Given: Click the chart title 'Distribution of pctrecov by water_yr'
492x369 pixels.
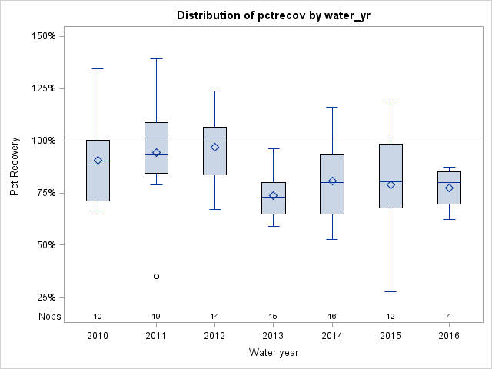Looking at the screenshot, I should coord(274,15).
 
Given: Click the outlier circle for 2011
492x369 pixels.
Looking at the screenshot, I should coord(156,276).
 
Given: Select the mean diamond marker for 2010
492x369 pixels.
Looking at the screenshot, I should coord(98,161).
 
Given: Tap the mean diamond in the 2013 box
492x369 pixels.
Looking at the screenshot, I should coord(273,195).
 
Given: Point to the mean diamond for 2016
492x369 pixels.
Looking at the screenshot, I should coord(449,188).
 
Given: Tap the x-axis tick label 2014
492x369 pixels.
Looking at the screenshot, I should coord(332,335).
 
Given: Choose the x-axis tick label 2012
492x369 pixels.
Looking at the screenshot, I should coord(214,335).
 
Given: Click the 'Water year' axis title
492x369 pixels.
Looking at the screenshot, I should coord(274,352).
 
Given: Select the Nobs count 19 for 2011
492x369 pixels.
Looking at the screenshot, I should coord(156,316).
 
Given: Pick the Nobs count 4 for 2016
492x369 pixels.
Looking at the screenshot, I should coord(449,316).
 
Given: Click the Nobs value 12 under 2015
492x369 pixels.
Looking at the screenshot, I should coord(391,316).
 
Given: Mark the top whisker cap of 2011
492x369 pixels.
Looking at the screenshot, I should coord(156,58).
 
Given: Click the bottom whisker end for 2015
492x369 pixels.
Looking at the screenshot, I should coord(391,291).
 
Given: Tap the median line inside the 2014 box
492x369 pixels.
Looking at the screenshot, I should coord(332,182).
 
